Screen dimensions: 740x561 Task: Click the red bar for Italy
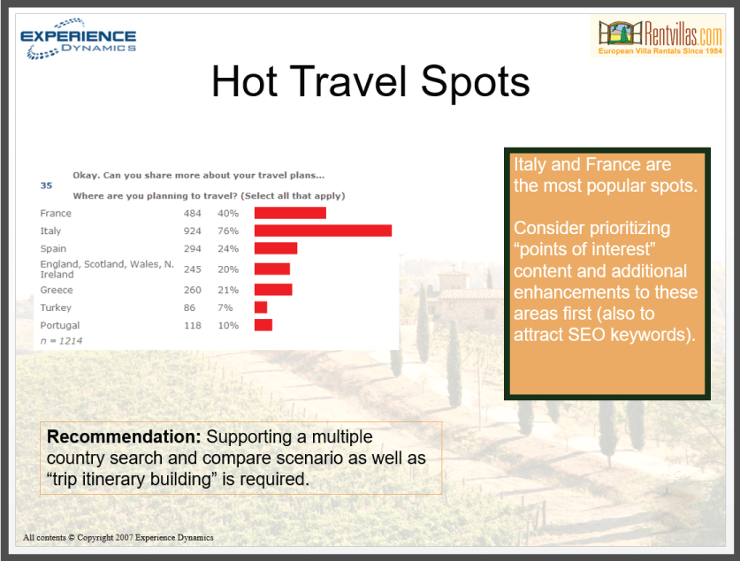click(x=323, y=231)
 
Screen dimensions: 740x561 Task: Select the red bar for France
click(x=290, y=213)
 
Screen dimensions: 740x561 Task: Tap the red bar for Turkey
click(x=261, y=307)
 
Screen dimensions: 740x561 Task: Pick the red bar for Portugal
click(x=263, y=325)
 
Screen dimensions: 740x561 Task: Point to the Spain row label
click(x=53, y=248)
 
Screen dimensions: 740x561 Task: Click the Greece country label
click(x=57, y=290)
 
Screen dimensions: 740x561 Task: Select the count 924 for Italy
click(x=193, y=231)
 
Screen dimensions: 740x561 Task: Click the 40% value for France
click(x=228, y=213)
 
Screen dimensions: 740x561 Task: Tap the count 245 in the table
click(x=193, y=269)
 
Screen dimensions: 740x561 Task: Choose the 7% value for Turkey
click(x=225, y=307)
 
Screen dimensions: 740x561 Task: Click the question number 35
click(x=46, y=186)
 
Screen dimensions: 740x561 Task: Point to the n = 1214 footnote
click(x=61, y=341)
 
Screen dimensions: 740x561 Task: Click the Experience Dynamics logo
click(x=79, y=39)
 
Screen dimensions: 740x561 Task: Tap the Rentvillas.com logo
click(x=658, y=36)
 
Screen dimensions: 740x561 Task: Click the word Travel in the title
click(x=348, y=82)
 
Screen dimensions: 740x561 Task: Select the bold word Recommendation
click(x=124, y=436)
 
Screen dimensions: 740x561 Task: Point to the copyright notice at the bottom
click(x=118, y=537)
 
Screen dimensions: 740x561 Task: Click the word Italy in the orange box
click(x=530, y=164)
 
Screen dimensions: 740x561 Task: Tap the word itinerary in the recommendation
click(x=115, y=479)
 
